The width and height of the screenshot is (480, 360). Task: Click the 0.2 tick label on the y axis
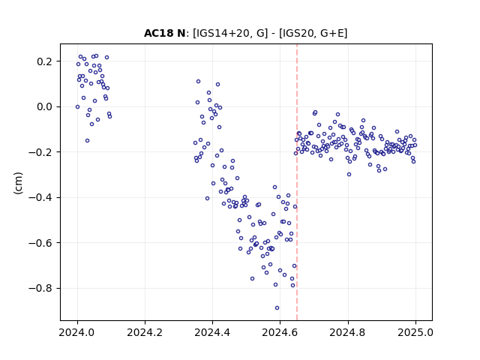pyautogui.click(x=45, y=61)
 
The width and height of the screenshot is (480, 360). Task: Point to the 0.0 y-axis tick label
pyautogui.click(x=45, y=106)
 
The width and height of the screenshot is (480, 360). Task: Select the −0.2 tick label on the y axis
pyautogui.click(x=40, y=152)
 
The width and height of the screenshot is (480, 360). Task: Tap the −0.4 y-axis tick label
pyautogui.click(x=40, y=197)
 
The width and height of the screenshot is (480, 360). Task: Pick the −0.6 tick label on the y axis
pyautogui.click(x=40, y=243)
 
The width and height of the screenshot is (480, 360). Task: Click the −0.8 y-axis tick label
pyautogui.click(x=40, y=288)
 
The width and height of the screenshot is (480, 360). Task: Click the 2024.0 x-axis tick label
pyautogui.click(x=77, y=332)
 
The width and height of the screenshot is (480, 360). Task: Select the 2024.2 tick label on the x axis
pyautogui.click(x=145, y=332)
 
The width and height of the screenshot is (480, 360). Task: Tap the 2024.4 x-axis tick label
pyautogui.click(x=212, y=332)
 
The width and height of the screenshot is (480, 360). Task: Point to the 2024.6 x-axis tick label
pyautogui.click(x=280, y=332)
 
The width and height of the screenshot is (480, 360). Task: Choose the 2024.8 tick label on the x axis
pyautogui.click(x=348, y=332)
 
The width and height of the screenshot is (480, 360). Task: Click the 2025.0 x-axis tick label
pyautogui.click(x=415, y=332)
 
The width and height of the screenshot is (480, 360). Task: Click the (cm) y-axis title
pyautogui.click(x=18, y=183)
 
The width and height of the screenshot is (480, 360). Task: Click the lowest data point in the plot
pyautogui.click(x=277, y=308)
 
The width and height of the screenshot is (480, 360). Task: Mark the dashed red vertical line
pyautogui.click(x=297, y=182)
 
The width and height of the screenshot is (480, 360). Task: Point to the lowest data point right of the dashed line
pyautogui.click(x=349, y=175)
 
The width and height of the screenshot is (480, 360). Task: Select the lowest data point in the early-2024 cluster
pyautogui.click(x=87, y=141)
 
